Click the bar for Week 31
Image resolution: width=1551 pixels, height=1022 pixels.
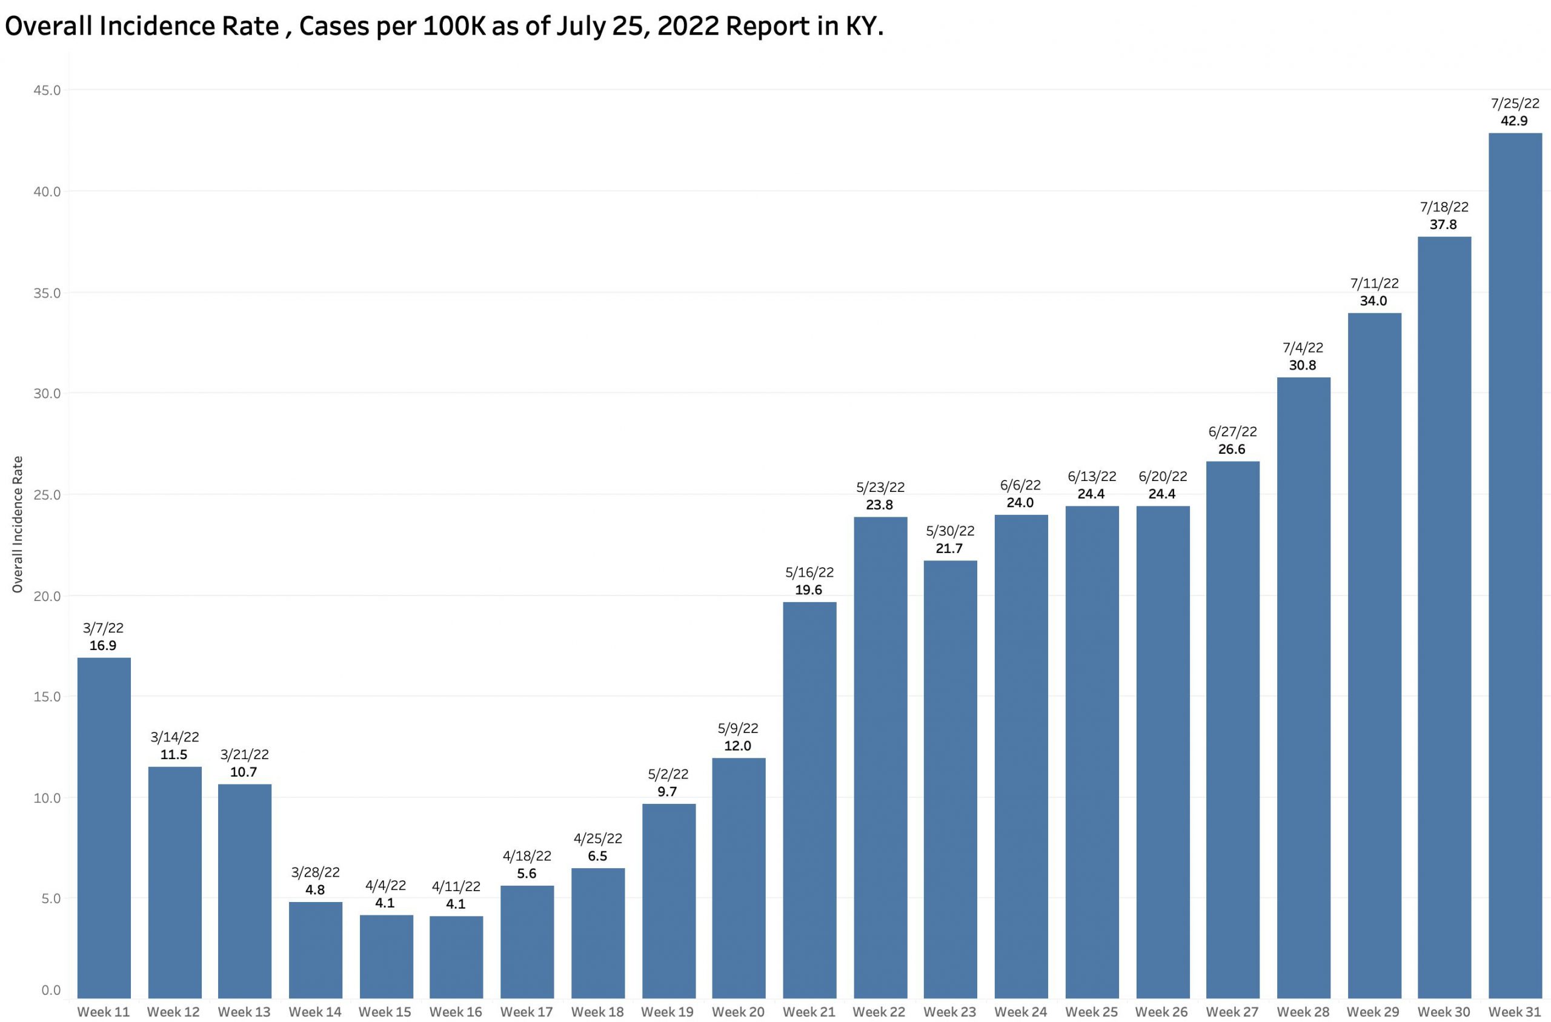coord(1515,574)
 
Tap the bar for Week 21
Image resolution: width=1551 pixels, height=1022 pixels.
coord(809,808)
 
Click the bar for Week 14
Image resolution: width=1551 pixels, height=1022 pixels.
coord(316,959)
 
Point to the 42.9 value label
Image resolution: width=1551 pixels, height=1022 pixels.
coord(1514,121)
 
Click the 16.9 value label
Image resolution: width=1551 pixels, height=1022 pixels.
coord(103,645)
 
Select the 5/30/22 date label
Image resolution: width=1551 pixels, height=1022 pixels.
coord(949,531)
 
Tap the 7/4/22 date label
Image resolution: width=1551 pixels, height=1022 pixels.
coord(1303,347)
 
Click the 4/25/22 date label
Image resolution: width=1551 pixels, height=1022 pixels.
coord(597,838)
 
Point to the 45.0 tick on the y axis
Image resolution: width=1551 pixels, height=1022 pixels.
coord(47,90)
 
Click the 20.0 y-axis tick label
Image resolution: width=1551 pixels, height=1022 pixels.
coord(47,596)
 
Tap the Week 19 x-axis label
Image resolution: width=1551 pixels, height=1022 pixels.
coord(667,1012)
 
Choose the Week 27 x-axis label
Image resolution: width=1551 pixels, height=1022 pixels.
coord(1232,1012)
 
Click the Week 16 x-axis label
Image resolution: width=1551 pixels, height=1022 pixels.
coord(456,1012)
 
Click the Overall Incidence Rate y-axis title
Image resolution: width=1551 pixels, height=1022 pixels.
coord(18,525)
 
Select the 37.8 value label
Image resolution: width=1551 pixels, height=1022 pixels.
coord(1444,224)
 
